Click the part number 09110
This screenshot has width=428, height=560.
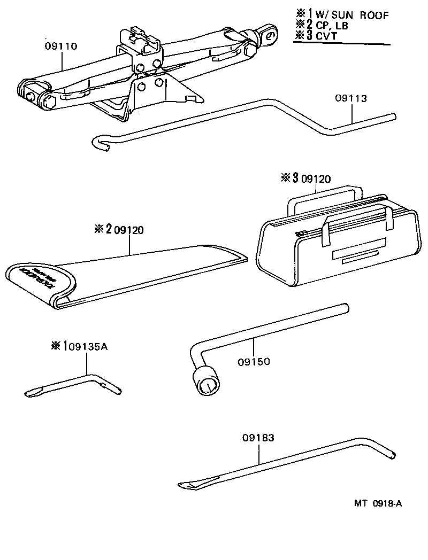pyautogui.click(x=62, y=46)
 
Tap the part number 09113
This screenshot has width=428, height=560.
pyautogui.click(x=351, y=98)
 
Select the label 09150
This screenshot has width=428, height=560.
pyautogui.click(x=254, y=362)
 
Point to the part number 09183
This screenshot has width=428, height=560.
pyautogui.click(x=258, y=438)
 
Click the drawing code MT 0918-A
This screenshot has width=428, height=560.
pyautogui.click(x=377, y=503)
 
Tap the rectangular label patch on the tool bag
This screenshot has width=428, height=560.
pyautogui.click(x=357, y=254)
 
